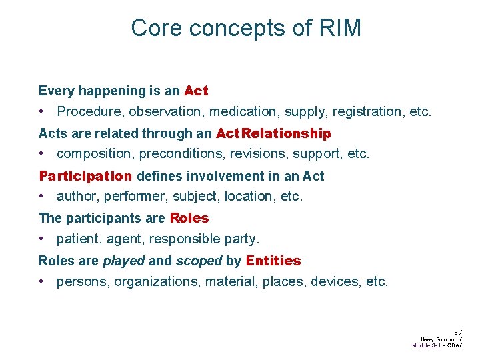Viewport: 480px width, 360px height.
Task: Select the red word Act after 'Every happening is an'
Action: pyautogui.click(x=196, y=91)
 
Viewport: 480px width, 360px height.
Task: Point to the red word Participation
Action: pyautogui.click(x=85, y=176)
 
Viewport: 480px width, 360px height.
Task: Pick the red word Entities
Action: pyautogui.click(x=273, y=261)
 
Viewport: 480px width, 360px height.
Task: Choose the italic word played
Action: pyautogui.click(x=123, y=261)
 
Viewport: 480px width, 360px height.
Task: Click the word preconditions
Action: pyautogui.click(x=180, y=153)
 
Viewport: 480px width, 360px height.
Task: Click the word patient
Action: pyautogui.click(x=77, y=238)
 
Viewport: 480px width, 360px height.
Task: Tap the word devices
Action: pyautogui.click(x=337, y=281)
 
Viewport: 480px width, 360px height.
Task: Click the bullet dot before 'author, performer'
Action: pyautogui.click(x=42, y=196)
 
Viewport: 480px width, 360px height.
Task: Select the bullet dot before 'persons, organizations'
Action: pyautogui.click(x=42, y=281)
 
